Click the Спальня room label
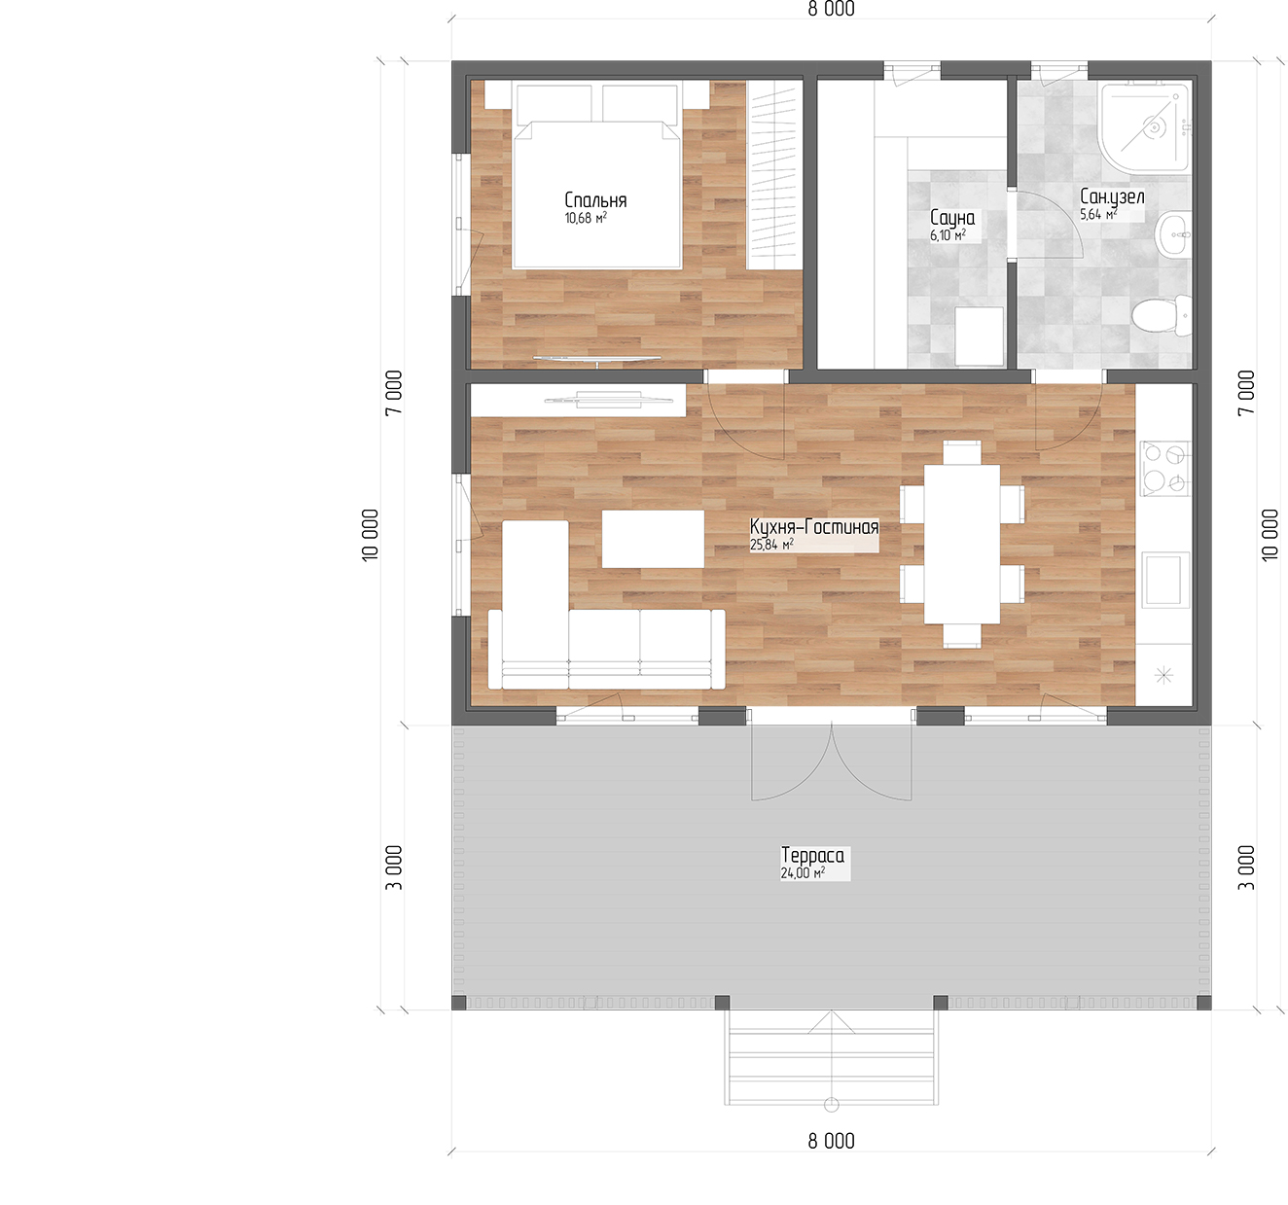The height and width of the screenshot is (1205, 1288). click(595, 200)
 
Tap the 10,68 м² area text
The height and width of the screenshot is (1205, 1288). click(586, 219)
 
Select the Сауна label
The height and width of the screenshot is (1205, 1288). click(952, 218)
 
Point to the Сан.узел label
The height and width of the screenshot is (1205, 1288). click(1112, 196)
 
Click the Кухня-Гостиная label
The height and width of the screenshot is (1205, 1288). click(814, 527)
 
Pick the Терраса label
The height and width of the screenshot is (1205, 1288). click(812, 856)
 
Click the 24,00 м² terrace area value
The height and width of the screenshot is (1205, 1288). click(803, 873)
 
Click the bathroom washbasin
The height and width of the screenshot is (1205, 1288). click(1174, 234)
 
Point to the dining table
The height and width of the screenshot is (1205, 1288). click(961, 544)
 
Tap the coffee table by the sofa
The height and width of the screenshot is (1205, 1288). click(653, 539)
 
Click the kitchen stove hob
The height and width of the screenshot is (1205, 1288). click(1164, 468)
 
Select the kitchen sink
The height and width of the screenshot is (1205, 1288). click(1164, 580)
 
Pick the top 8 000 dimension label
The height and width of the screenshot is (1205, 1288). click(831, 9)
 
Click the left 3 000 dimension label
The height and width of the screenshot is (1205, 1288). click(393, 867)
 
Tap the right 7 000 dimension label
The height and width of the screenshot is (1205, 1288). click(1246, 392)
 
